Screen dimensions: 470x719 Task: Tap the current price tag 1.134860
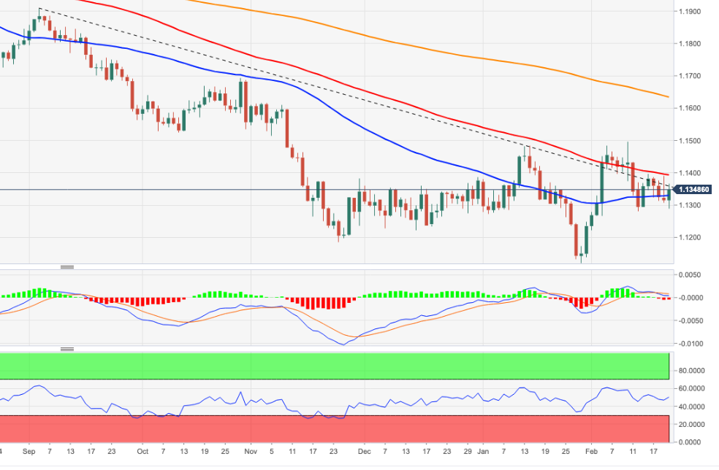point(695,190)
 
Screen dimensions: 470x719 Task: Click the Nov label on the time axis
point(250,451)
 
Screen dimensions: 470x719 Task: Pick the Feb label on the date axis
point(592,451)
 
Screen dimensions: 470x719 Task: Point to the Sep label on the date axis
point(29,451)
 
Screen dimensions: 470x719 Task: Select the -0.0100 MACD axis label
point(691,343)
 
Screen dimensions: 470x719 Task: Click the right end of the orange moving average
point(669,96)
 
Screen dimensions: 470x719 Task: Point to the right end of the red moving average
point(669,174)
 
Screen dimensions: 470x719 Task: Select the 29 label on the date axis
point(468,451)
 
